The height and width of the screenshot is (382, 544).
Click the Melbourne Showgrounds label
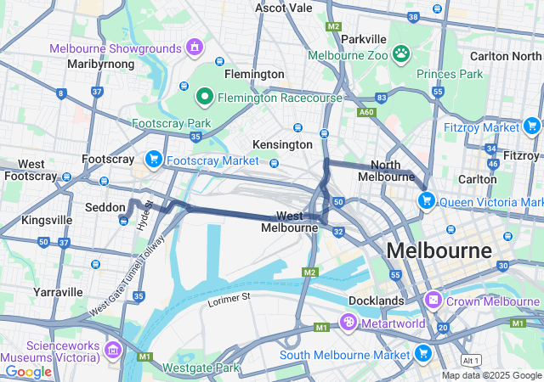(x=116, y=48)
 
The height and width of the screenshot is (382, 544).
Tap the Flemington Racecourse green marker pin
(x=204, y=97)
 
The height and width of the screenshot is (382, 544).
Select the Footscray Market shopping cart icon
(x=154, y=159)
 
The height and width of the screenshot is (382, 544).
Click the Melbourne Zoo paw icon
(x=401, y=54)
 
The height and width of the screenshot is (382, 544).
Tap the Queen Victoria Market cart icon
(x=426, y=201)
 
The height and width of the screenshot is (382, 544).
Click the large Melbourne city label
(x=439, y=250)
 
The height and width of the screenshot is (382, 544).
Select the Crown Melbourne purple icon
(x=433, y=301)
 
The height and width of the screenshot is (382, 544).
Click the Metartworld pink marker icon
(x=347, y=322)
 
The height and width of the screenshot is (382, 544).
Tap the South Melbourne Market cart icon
(x=422, y=353)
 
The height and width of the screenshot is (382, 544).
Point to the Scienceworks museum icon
(x=113, y=350)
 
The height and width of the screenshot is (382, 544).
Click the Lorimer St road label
(x=229, y=298)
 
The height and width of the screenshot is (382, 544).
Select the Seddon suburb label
(x=105, y=207)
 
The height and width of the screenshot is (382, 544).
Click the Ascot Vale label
(x=284, y=8)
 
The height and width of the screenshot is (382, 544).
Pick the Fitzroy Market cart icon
(x=532, y=126)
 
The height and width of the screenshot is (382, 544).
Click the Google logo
(x=28, y=371)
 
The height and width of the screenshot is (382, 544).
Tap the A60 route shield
(x=366, y=111)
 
